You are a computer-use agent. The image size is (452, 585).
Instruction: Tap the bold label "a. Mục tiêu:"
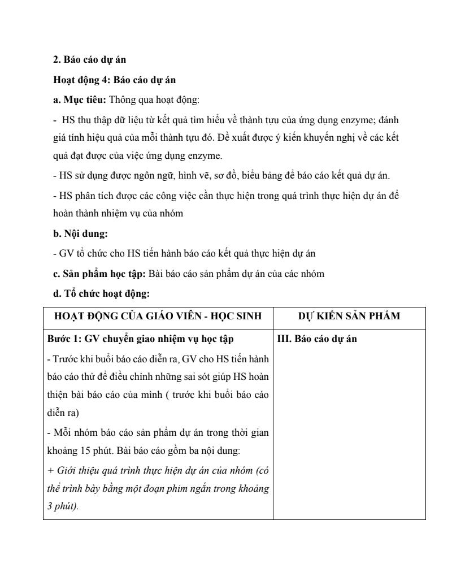(79, 101)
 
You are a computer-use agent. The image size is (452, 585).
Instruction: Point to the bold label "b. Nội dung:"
(80, 233)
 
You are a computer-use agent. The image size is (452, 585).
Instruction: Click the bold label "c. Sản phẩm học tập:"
(99, 274)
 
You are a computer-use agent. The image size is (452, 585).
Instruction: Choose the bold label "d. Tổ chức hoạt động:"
(101, 294)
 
